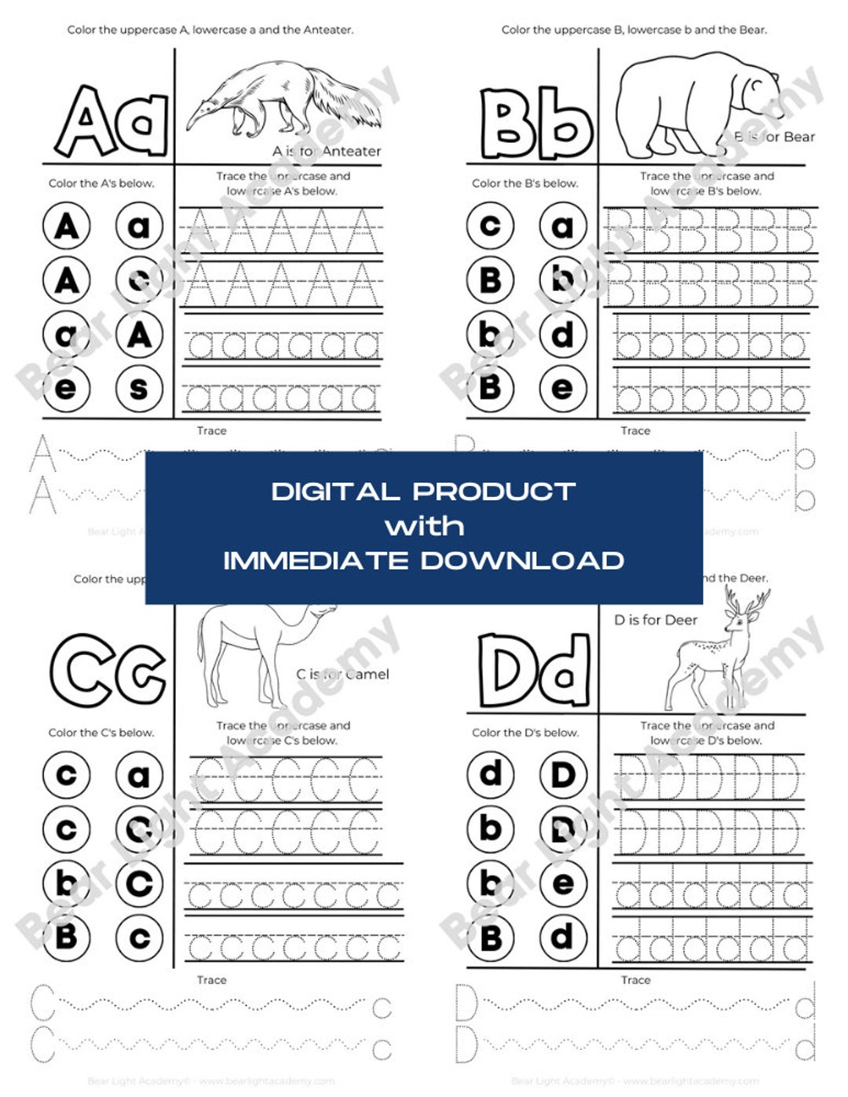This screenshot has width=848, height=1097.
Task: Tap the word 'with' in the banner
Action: click(424, 526)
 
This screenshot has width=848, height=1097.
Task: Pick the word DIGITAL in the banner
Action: click(335, 492)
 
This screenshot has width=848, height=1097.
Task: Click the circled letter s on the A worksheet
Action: click(139, 389)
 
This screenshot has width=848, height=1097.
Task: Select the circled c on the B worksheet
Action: click(490, 226)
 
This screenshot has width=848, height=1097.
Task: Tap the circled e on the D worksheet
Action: click(563, 883)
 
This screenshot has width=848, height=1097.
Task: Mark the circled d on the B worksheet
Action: click(563, 335)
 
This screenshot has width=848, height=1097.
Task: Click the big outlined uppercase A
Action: click(85, 122)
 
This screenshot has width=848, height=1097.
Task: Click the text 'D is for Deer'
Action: click(656, 620)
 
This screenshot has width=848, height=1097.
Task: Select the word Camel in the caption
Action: click(367, 674)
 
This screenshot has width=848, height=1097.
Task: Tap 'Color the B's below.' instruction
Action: click(525, 184)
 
